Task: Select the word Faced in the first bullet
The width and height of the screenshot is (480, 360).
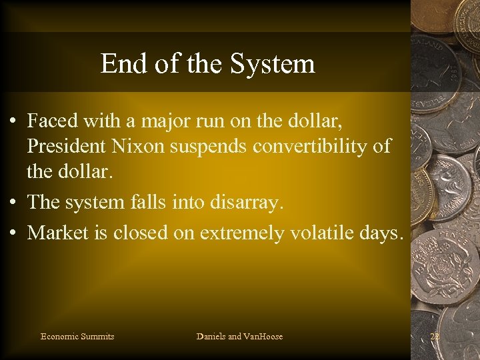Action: tap(52, 121)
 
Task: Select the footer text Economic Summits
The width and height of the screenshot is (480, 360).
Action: tap(77, 336)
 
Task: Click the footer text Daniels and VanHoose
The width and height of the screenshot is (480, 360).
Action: tap(239, 336)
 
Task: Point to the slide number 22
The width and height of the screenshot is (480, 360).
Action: tap(435, 336)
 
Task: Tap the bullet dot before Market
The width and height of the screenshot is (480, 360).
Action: tap(13, 233)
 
